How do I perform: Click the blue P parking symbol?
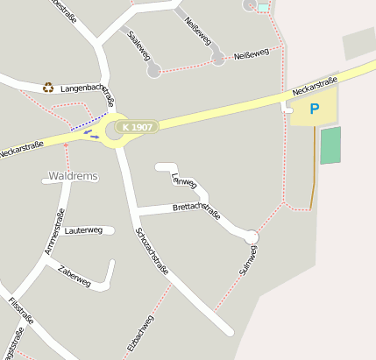(x=314, y=109)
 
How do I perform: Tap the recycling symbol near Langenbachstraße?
(x=48, y=87)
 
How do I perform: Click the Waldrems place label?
(x=73, y=176)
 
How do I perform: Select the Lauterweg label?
(x=84, y=230)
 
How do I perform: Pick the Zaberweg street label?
(x=74, y=276)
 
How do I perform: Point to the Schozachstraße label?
(x=152, y=252)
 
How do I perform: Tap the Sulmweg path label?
(x=248, y=260)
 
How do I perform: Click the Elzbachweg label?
(x=141, y=333)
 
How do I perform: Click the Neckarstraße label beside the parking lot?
(x=315, y=85)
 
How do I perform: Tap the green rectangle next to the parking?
(x=330, y=145)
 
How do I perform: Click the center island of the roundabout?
(x=116, y=131)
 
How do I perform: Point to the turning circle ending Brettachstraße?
(x=252, y=236)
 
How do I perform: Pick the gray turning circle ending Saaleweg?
(x=154, y=70)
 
